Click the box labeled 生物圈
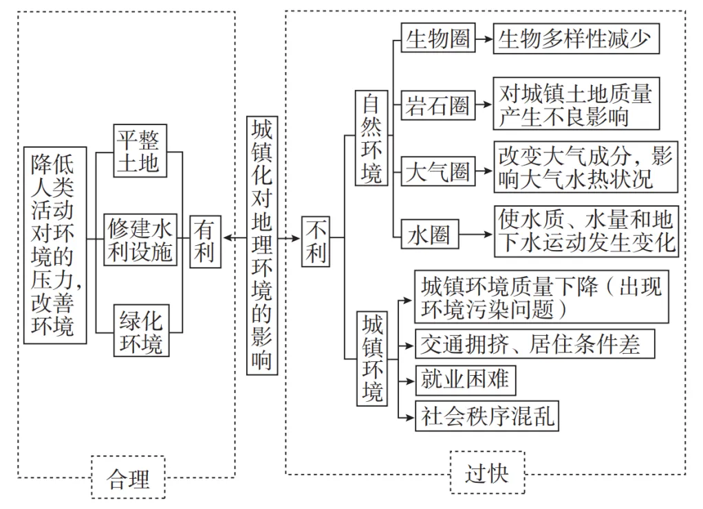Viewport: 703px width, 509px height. [x=437, y=38]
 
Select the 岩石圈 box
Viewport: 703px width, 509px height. [x=437, y=105]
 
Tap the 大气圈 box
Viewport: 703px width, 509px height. [x=437, y=171]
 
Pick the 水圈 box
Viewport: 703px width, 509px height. [x=429, y=234]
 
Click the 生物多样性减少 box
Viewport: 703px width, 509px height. [x=576, y=38]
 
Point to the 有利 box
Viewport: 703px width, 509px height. [x=206, y=242]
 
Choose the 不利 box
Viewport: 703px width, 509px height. [x=316, y=242]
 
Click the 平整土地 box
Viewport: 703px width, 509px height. [x=140, y=151]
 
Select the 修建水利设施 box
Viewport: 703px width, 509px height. [x=140, y=240]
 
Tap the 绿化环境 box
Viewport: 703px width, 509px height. [x=141, y=330]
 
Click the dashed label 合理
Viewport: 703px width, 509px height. [x=128, y=477]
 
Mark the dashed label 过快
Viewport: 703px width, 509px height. [x=487, y=473]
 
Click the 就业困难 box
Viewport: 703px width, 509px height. [x=466, y=381]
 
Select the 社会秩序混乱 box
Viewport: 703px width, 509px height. [x=487, y=416]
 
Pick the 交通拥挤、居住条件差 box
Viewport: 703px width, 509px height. [x=535, y=344]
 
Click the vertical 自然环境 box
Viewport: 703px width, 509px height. [x=371, y=138]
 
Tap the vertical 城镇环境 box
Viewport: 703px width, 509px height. [x=371, y=359]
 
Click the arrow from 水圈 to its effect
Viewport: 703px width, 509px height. [x=476, y=234]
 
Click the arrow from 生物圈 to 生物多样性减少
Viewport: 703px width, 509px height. [x=484, y=39]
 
